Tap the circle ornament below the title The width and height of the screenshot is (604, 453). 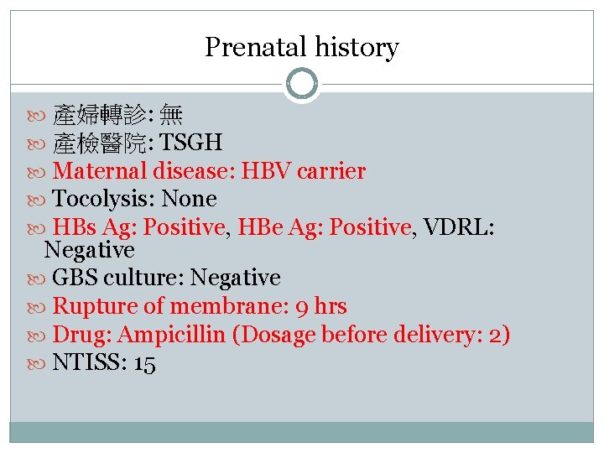click(x=301, y=84)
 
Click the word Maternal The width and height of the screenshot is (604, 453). click(x=100, y=171)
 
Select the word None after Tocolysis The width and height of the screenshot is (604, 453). click(x=189, y=199)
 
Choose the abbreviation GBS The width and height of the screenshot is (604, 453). click(x=74, y=278)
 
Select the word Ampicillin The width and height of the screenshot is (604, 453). click(x=172, y=335)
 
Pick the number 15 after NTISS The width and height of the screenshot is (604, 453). click(x=143, y=364)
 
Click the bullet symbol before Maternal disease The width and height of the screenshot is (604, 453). click(x=42, y=172)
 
